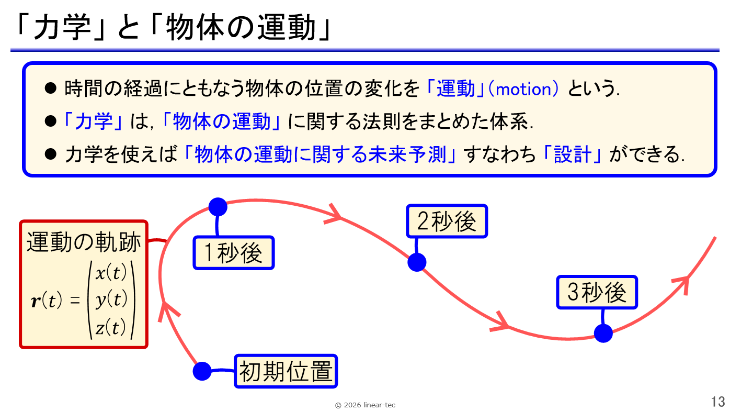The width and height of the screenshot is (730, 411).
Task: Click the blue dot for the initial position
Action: pos(202,371)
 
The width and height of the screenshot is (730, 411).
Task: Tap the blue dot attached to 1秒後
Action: pos(218,207)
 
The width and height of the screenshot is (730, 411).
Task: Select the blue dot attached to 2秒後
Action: pos(417,262)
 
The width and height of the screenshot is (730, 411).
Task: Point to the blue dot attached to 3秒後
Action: pos(603,333)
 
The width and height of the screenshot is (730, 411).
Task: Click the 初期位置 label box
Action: pos(286,372)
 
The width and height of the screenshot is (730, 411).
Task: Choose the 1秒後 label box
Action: pos(234,253)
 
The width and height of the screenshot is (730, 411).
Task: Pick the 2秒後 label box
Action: pos(447,221)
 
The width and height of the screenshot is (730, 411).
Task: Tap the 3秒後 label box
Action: pos(597,292)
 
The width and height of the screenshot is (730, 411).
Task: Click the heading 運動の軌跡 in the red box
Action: pos(84,242)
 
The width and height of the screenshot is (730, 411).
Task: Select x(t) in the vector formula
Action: pos(111,273)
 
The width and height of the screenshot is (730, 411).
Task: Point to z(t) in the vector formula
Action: pos(111,327)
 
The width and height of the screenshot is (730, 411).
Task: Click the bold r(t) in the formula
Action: pos(47,301)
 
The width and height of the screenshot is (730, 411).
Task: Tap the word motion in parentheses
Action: pos(523,90)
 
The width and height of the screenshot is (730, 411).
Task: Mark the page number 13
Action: pos(717,402)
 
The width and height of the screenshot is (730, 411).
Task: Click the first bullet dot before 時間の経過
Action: pos(50,88)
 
